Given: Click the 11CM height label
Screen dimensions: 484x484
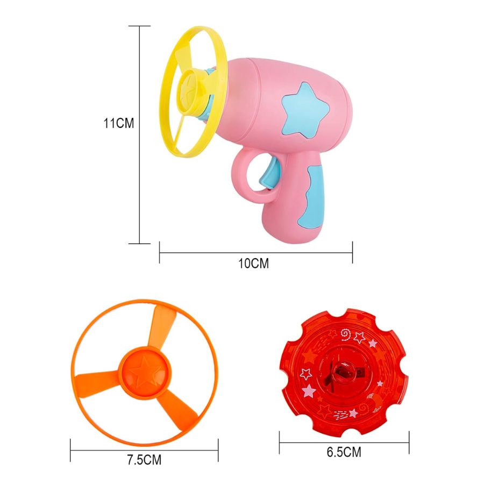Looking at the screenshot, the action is coord(118,123).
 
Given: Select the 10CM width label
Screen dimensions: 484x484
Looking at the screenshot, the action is coord(253,264).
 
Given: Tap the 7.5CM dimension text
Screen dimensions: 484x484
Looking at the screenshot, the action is coord(144,460).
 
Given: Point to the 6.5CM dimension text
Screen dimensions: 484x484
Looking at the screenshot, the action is coord(344,452).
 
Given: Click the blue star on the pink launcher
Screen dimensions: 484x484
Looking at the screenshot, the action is coord(304,110).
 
